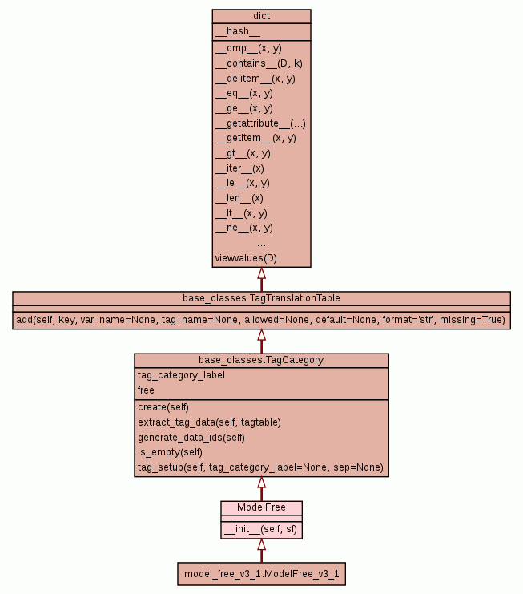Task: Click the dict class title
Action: point(261,16)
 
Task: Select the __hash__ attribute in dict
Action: point(238,31)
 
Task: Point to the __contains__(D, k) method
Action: point(259,63)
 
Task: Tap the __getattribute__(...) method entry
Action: point(260,123)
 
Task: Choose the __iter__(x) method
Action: point(239,168)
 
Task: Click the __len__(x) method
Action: point(239,198)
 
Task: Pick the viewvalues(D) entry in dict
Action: point(246,258)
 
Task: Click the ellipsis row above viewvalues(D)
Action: point(261,243)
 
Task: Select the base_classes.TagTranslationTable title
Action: point(261,298)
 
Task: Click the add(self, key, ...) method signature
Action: point(261,320)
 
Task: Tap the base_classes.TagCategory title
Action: point(261,360)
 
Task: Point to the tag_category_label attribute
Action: point(181,375)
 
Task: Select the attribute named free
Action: point(146,390)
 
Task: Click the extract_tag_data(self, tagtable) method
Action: point(209,422)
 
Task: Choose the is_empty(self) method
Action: point(170,452)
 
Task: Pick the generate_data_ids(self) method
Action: point(191,437)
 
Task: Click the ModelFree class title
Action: point(261,507)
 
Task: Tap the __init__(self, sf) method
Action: point(261,529)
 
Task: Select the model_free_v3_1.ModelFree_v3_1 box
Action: point(261,574)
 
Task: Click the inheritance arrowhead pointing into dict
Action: point(261,273)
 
